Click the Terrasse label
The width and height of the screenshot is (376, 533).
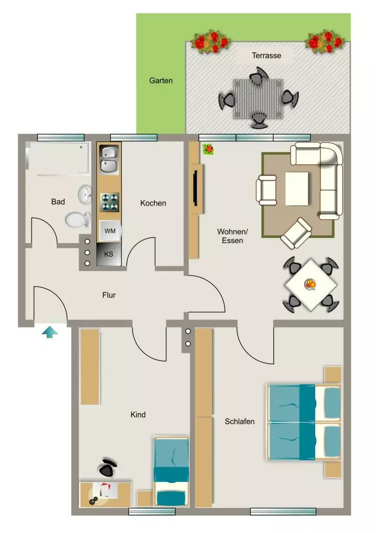tap(266, 55)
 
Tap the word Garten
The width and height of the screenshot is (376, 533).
tap(161, 81)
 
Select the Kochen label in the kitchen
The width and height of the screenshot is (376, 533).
tap(153, 203)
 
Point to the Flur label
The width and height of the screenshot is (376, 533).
tap(109, 295)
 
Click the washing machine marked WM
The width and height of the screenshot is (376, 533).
tap(110, 231)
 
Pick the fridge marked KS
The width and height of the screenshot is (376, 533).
tap(109, 254)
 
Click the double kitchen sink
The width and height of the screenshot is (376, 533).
tap(109, 160)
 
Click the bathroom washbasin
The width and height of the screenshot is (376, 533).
tap(85, 194)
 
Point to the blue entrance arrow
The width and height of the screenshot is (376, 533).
tap(49, 332)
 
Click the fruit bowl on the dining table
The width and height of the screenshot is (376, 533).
tap(310, 284)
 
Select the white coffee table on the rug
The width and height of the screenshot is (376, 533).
tap(297, 188)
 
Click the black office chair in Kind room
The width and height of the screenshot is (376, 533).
tap(108, 468)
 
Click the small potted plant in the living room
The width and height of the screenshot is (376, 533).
tap(208, 149)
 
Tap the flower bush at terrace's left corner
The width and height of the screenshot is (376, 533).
tap(211, 42)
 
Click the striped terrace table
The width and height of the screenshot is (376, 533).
tap(258, 99)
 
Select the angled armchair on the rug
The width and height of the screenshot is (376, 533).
tap(296, 233)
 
